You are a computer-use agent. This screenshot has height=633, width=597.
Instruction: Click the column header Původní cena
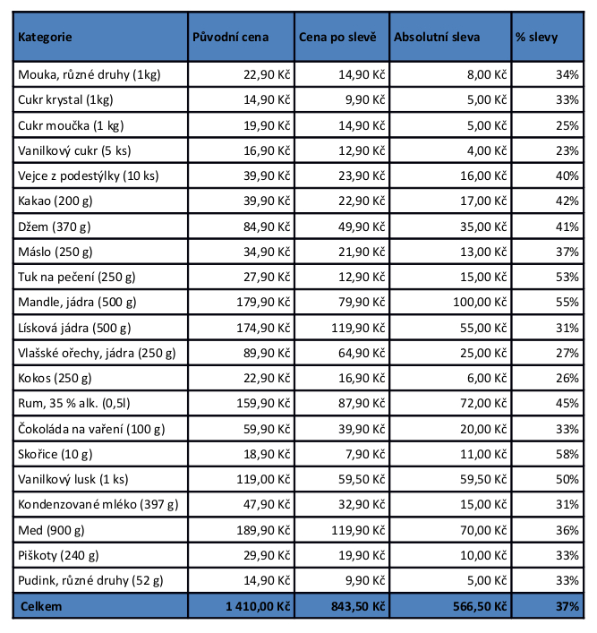(x=231, y=37)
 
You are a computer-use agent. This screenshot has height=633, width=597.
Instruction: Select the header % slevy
(x=536, y=38)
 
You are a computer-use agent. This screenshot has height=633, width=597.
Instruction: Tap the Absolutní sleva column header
(x=437, y=37)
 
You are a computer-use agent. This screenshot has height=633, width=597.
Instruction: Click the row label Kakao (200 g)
(x=55, y=201)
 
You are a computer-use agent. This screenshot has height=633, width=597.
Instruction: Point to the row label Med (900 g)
(x=51, y=530)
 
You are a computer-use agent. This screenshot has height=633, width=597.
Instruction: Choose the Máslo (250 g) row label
(x=55, y=252)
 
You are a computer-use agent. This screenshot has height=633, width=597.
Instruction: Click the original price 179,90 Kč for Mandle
(x=263, y=303)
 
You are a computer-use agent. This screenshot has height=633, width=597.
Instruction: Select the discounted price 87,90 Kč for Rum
(x=362, y=403)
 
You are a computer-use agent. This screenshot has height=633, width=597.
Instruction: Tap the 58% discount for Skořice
(x=567, y=454)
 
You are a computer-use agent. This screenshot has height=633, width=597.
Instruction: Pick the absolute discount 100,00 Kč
(x=480, y=303)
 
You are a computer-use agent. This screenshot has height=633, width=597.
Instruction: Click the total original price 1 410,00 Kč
(x=258, y=606)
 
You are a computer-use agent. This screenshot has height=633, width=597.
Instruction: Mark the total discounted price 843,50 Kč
(x=358, y=606)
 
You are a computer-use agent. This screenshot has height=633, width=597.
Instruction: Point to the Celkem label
(x=41, y=606)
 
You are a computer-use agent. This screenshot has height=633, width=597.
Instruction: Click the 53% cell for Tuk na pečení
(x=567, y=277)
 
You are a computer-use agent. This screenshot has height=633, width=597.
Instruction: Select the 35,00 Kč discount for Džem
(x=483, y=227)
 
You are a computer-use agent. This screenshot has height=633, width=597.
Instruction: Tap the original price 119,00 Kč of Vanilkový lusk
(x=263, y=480)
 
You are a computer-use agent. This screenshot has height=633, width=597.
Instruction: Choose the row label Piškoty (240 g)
(x=58, y=555)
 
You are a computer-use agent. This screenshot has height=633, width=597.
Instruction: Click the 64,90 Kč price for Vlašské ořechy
(x=362, y=354)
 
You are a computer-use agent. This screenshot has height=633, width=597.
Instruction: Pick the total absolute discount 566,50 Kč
(x=480, y=606)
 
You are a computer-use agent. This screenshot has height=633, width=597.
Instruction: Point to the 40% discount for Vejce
(x=567, y=176)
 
